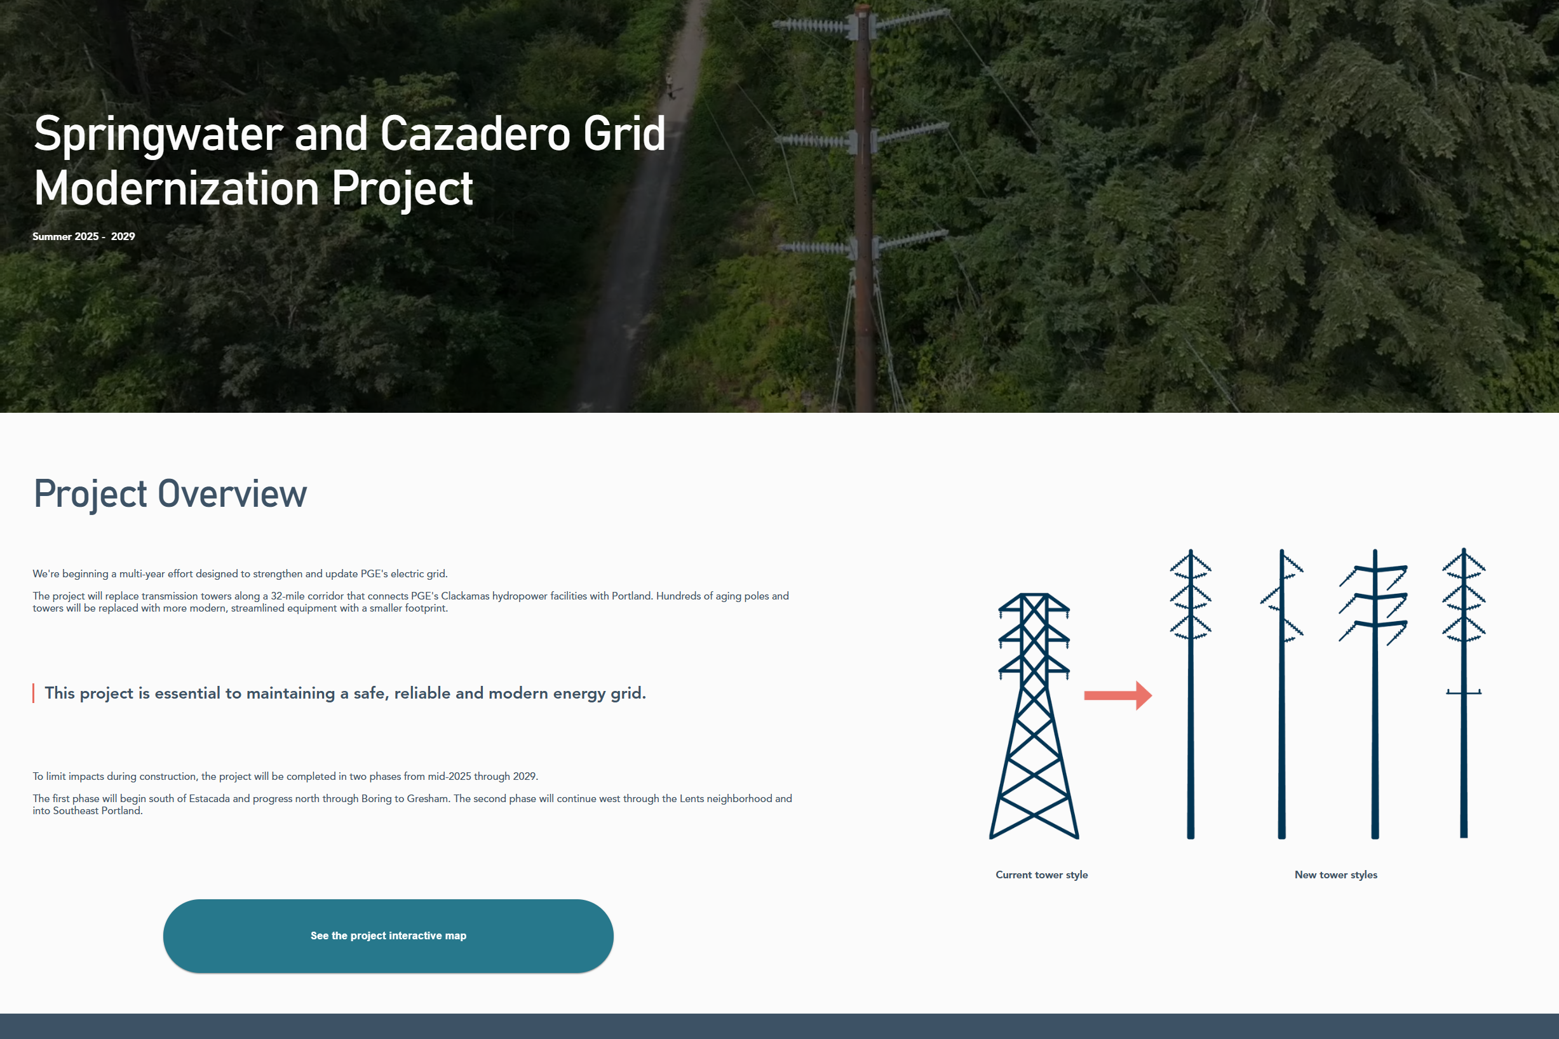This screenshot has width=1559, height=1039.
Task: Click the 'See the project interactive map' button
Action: coord(388,935)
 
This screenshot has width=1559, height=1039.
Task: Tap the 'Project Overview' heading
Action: coord(170,494)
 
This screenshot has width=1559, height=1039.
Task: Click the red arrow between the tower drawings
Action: coord(1118,695)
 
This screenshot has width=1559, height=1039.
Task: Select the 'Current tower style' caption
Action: coord(1041,875)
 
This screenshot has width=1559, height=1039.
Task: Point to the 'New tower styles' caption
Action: coord(1335,875)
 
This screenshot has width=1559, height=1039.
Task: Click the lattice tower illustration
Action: coord(1034,716)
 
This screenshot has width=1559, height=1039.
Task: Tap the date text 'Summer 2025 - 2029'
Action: coord(83,236)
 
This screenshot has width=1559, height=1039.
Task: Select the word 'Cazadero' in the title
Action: coord(475,134)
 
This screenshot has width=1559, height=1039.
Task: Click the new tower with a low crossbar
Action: coord(1464,693)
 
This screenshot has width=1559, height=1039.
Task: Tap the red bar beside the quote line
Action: coord(33,693)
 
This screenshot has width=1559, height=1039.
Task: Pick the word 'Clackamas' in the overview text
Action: coord(464,596)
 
